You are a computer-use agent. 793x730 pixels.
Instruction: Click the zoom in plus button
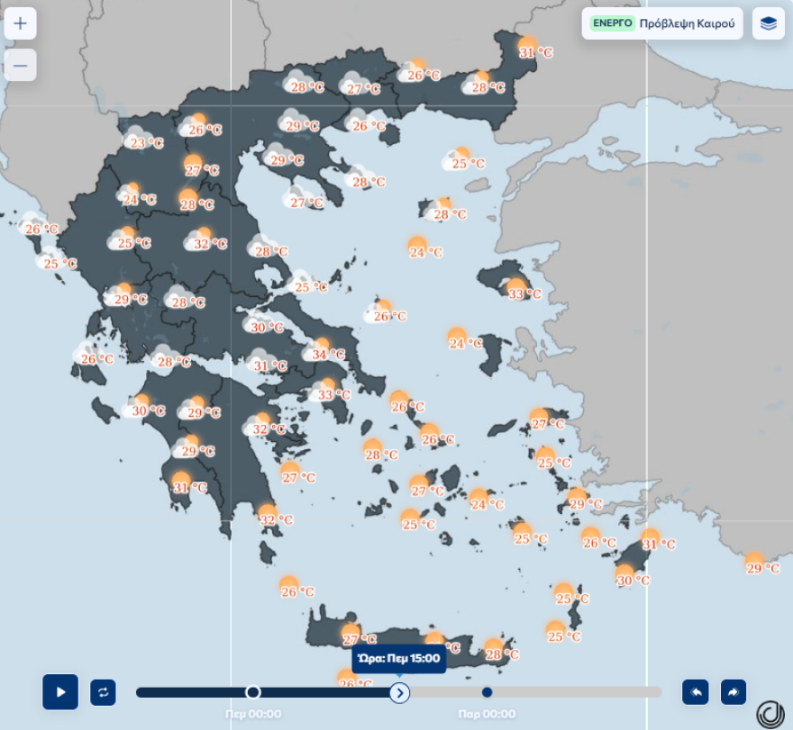click(x=20, y=23)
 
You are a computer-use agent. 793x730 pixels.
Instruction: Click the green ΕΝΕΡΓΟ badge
click(x=613, y=23)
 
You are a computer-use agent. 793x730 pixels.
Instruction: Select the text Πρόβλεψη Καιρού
click(x=687, y=23)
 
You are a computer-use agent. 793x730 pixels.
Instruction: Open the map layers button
click(x=768, y=23)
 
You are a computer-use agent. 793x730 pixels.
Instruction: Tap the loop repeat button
click(x=103, y=692)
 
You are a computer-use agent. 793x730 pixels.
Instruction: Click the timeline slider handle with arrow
click(x=400, y=692)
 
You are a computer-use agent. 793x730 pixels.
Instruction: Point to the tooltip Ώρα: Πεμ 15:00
click(x=399, y=659)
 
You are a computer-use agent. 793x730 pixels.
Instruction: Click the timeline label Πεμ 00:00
click(x=253, y=714)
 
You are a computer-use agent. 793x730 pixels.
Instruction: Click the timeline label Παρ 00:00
click(x=487, y=714)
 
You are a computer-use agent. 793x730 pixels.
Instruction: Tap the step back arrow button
click(x=695, y=692)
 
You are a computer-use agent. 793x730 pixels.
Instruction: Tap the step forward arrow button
click(x=734, y=692)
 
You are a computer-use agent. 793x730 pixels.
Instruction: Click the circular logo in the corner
click(x=770, y=714)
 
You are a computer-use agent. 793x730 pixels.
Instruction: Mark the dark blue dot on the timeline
click(x=487, y=692)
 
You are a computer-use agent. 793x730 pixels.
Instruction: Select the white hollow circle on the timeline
click(x=253, y=692)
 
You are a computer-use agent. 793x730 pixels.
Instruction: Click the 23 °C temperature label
click(x=146, y=143)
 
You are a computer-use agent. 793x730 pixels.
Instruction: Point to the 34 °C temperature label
click(x=328, y=355)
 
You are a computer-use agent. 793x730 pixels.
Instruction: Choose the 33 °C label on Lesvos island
click(x=524, y=293)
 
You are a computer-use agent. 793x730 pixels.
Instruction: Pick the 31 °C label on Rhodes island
click(x=658, y=545)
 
